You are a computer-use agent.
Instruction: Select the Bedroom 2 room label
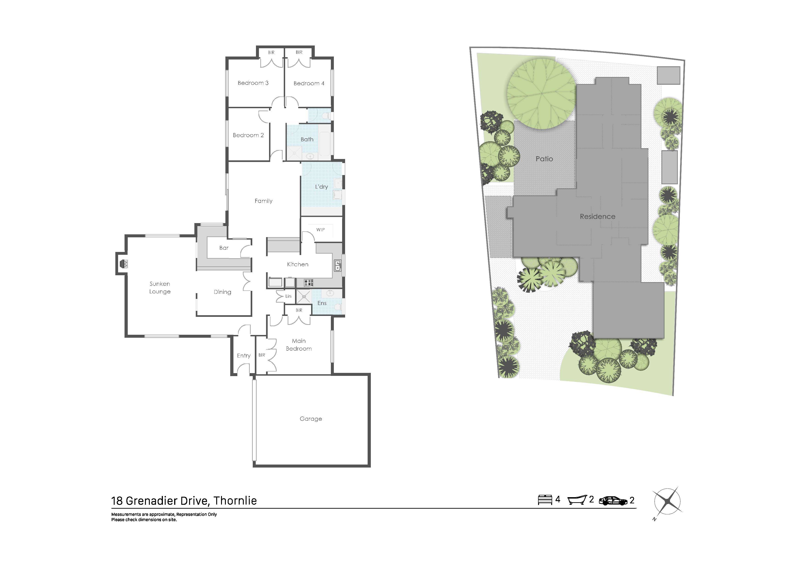pyautogui.click(x=248, y=135)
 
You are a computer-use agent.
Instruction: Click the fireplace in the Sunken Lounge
pyautogui.click(x=124, y=264)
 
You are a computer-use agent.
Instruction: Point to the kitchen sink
pyautogui.click(x=337, y=266)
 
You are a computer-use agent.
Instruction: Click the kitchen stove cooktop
pyautogui.click(x=309, y=282)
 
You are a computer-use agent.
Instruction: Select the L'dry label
pyautogui.click(x=321, y=187)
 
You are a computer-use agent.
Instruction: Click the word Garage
pyautogui.click(x=311, y=419)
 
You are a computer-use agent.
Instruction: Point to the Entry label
pyautogui.click(x=244, y=356)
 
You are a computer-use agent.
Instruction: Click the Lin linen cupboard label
pyautogui.click(x=288, y=296)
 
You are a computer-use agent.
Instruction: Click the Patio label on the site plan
pyautogui.click(x=544, y=159)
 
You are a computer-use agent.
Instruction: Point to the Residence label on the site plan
pyautogui.click(x=597, y=217)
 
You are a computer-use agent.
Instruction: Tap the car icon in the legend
pyautogui.click(x=613, y=501)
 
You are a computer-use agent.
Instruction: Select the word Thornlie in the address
pyautogui.click(x=235, y=501)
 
